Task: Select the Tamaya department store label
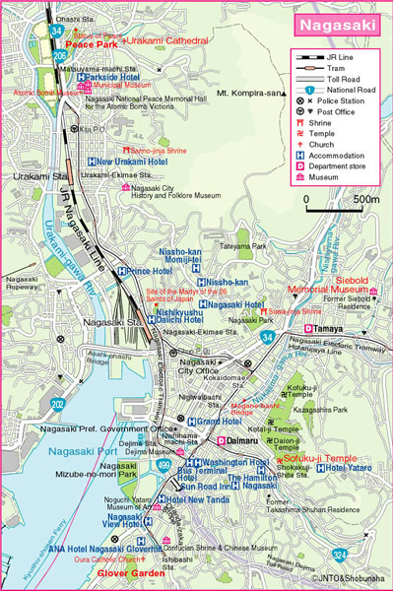329,327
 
